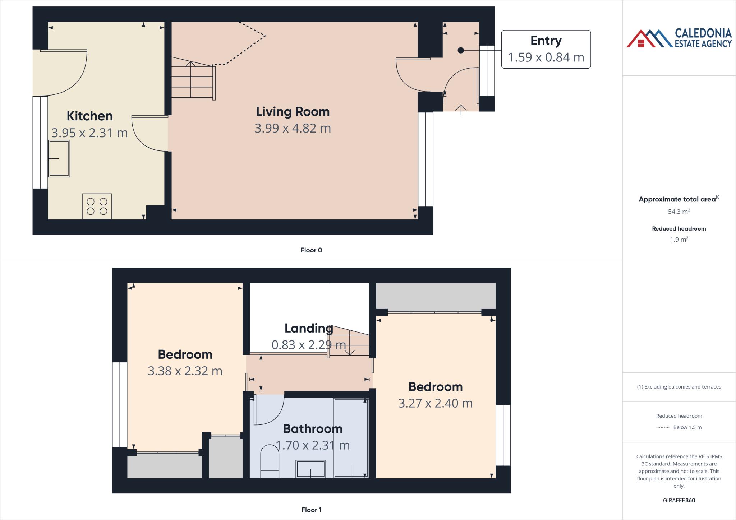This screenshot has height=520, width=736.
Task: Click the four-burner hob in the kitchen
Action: pos(97,206)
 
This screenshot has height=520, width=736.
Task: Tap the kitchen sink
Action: pos(59,158)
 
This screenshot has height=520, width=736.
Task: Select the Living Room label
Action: pos(293,112)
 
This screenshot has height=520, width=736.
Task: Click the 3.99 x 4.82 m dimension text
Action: pos(293,128)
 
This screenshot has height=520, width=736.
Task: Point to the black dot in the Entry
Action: pos(461,51)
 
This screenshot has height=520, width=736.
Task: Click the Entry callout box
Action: pos(546,49)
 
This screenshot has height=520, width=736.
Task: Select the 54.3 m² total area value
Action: pos(679,212)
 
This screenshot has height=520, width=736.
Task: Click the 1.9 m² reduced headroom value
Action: pos(679,240)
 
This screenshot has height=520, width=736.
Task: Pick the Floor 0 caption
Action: pos(311,250)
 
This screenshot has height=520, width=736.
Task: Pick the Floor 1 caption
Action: pos(311,510)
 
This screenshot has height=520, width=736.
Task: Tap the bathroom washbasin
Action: pos(310,469)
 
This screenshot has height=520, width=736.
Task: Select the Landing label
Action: pos(308,328)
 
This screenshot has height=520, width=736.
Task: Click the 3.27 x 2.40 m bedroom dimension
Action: pos(435,403)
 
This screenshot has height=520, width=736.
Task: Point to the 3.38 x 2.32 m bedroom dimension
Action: pos(185,371)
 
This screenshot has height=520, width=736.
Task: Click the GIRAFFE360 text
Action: pos(679,500)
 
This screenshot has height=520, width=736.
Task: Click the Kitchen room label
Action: pos(89,116)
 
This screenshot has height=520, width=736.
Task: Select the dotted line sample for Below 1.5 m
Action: pos(662,427)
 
